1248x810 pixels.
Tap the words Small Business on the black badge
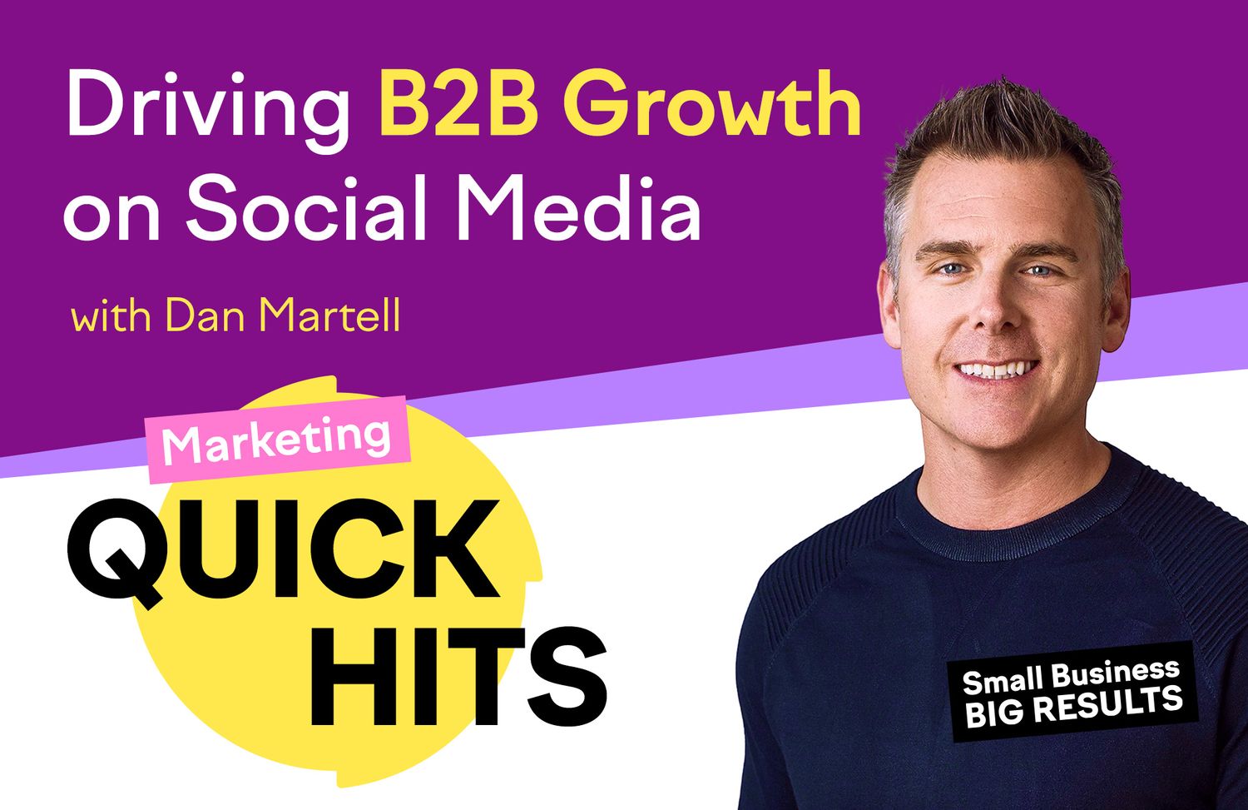(1071, 676)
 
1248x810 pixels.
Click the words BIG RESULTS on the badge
(1073, 708)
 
